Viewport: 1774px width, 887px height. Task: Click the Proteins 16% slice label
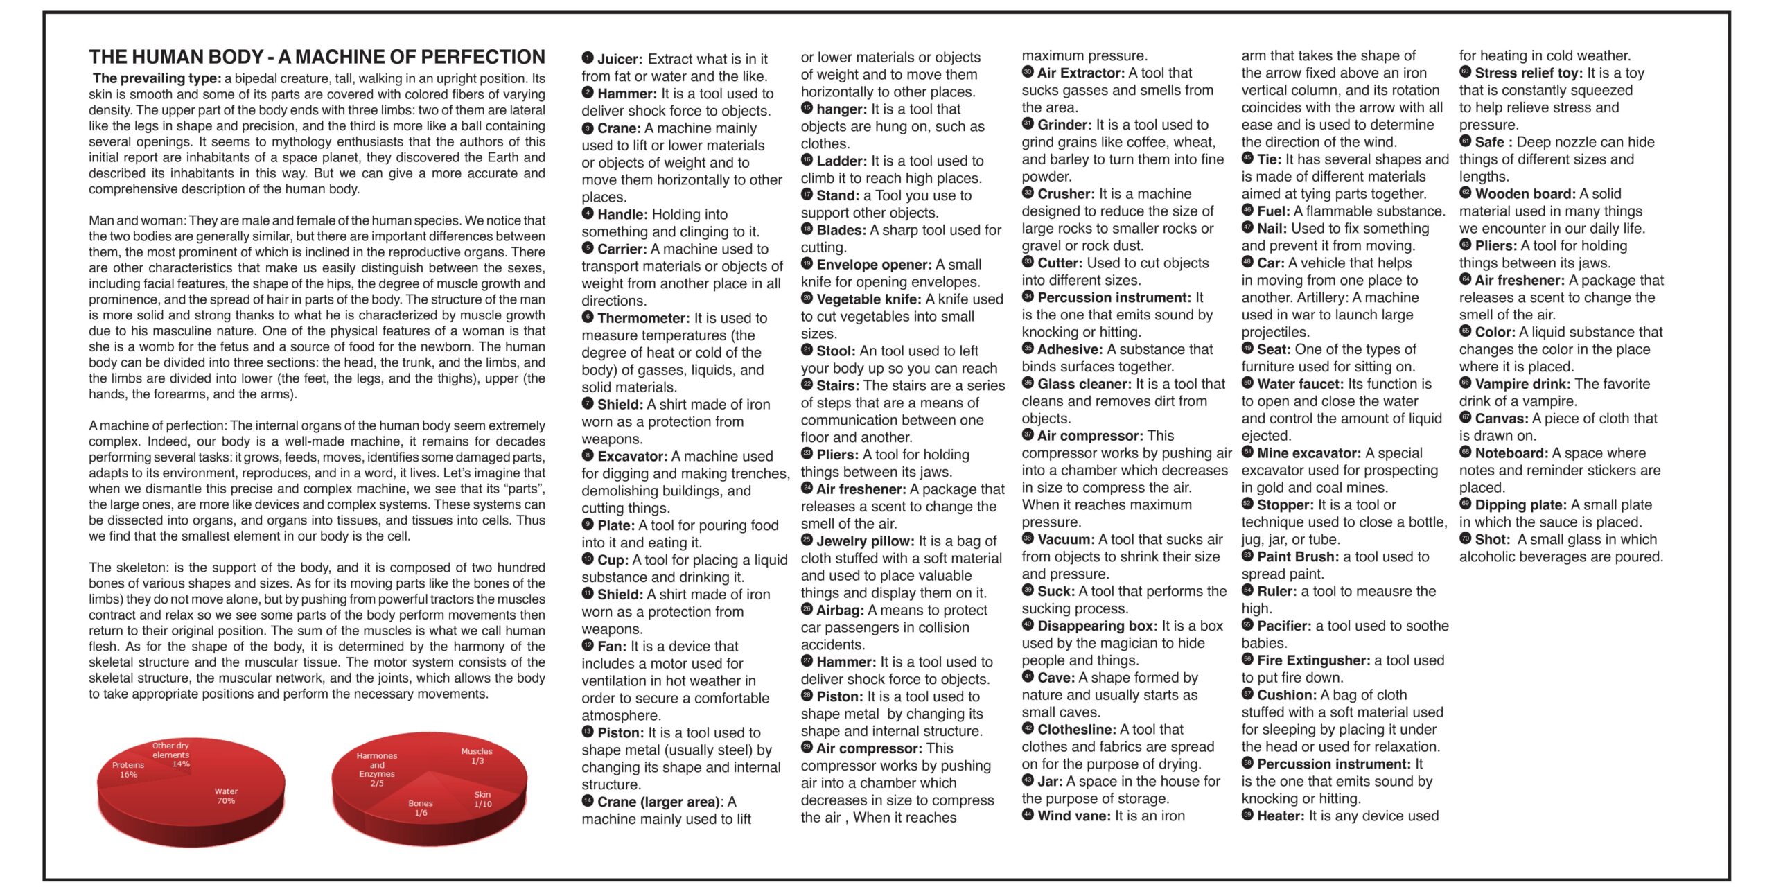click(128, 770)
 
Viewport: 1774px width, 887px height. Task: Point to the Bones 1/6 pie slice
click(421, 808)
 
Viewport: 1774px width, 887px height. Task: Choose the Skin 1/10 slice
click(483, 799)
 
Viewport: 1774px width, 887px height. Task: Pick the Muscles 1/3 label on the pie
click(477, 756)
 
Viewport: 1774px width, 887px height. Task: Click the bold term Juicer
click(620, 60)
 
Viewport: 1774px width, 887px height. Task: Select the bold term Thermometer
click(643, 318)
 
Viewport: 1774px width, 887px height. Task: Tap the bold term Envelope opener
click(874, 265)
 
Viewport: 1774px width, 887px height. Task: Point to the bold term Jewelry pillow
click(865, 541)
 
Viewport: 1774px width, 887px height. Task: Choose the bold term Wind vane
click(1074, 816)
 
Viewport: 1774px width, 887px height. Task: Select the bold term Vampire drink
click(1523, 384)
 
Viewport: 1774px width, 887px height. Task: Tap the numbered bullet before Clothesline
click(1028, 729)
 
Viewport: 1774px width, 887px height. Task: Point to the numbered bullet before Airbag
click(807, 610)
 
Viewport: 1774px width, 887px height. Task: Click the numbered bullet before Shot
click(1465, 539)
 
